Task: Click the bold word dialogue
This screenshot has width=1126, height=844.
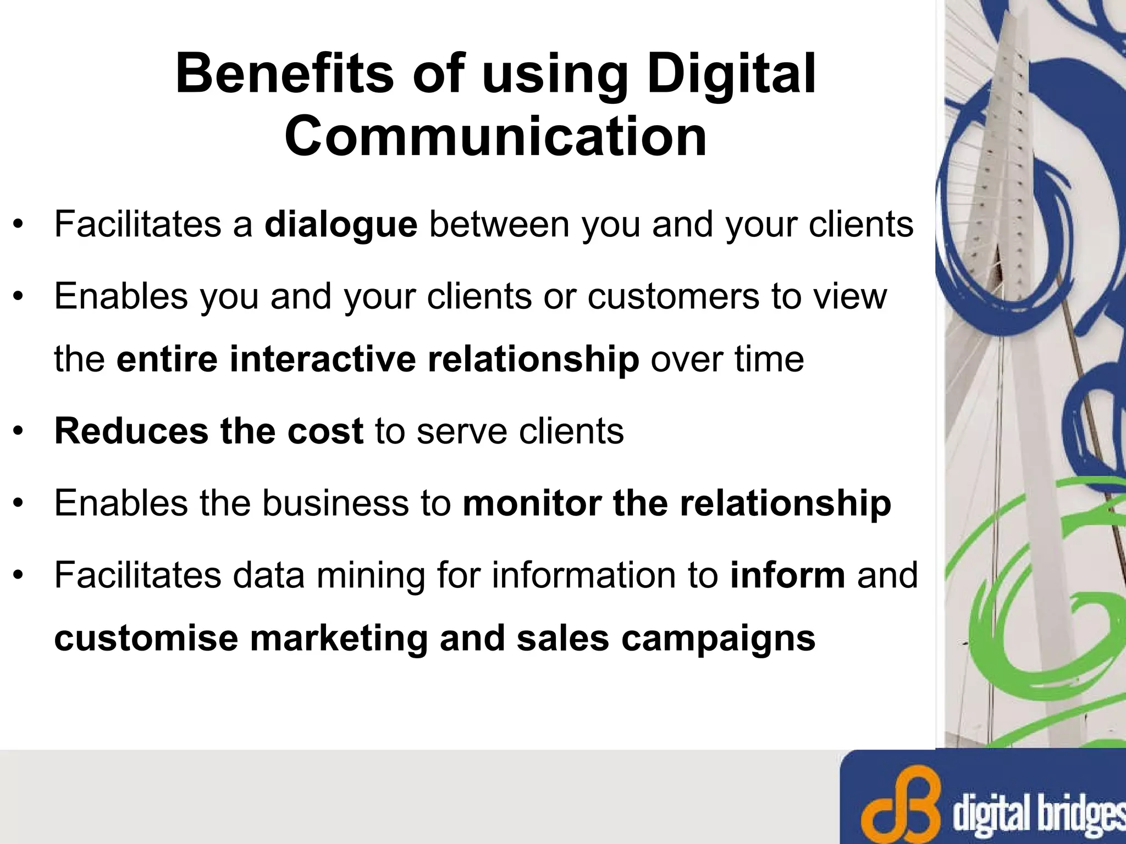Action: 341,225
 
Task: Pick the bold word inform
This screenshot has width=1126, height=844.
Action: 787,575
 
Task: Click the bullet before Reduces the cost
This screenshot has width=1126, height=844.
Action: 19,431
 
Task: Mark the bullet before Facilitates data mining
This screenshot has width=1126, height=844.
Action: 19,575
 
